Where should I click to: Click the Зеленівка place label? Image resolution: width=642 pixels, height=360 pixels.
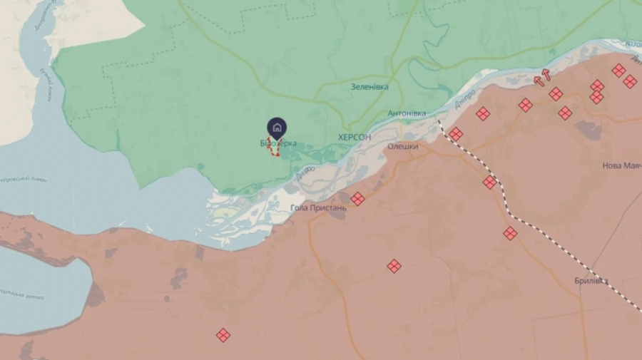370,86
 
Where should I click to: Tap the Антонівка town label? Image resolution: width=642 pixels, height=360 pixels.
407,113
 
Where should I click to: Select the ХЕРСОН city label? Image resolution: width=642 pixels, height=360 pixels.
355,137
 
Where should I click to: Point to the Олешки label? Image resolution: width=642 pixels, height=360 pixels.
402,147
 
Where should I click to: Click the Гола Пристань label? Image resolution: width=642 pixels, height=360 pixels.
318,208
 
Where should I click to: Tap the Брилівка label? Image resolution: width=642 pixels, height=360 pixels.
591,281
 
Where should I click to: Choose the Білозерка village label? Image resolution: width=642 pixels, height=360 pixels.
279,143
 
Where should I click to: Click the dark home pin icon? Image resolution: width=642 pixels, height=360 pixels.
277,128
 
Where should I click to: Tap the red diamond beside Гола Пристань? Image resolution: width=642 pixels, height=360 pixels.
358,199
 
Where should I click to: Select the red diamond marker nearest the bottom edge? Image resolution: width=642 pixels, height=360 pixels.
223,335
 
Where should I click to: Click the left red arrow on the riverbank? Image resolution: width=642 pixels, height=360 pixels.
539,81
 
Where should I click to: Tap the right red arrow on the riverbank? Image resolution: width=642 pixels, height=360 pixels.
547,74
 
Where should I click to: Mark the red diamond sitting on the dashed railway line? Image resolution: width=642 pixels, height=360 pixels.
490,182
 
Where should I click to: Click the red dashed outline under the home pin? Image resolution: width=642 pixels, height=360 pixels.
274,148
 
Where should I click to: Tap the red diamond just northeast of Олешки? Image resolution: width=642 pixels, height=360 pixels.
456,134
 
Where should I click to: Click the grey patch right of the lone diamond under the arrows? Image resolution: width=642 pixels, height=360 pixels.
588,130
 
